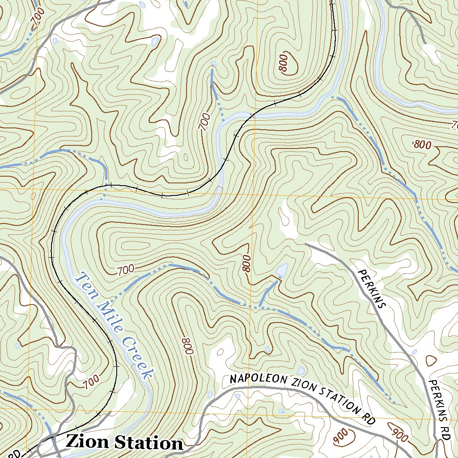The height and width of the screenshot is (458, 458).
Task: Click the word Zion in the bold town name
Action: pos(88,442)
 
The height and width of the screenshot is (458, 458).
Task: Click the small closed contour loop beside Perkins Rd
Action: pos(431,360)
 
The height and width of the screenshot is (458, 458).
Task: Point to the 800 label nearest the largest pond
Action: pos(246,264)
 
